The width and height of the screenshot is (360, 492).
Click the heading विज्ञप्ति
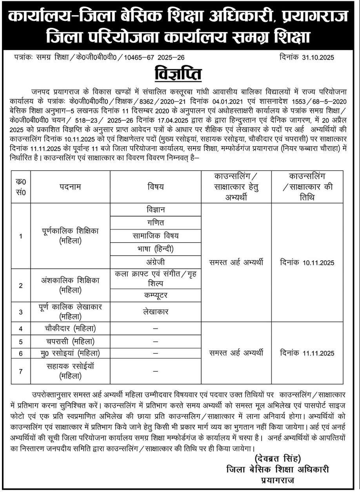(180, 74)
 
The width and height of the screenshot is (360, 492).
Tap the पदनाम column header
(71, 187)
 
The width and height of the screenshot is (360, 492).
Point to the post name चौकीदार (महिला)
(71, 328)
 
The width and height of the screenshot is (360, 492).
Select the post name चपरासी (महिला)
(71, 341)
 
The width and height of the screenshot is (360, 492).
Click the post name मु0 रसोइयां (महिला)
(71, 353)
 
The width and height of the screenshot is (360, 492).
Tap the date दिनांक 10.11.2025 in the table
(307, 262)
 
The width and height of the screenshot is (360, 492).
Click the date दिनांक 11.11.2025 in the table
(307, 353)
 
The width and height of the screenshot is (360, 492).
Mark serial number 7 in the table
(21, 371)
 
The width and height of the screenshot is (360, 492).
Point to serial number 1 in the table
(21, 236)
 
